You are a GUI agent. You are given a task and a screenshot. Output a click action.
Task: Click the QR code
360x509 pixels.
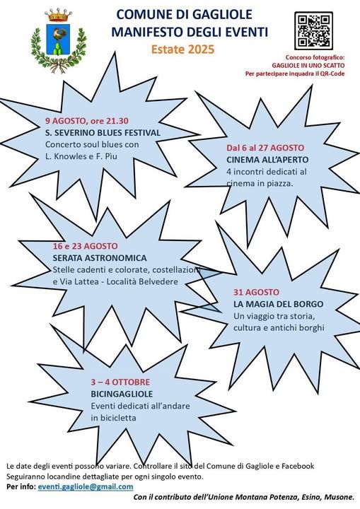point(313,30)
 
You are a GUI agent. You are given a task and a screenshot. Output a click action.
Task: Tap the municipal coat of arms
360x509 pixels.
point(59,40)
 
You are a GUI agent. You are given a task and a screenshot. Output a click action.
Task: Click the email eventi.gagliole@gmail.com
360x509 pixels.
point(86,486)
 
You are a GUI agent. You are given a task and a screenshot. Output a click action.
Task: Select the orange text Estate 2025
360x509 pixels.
point(183,49)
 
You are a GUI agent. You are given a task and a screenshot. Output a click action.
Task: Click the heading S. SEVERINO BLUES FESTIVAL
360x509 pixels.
point(103,133)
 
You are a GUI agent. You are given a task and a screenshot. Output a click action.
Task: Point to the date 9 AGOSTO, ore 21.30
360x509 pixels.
point(87,121)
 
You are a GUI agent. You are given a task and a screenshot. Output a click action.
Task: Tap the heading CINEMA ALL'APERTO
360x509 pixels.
point(267,160)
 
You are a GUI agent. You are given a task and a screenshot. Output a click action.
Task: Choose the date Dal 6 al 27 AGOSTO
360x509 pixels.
point(265,148)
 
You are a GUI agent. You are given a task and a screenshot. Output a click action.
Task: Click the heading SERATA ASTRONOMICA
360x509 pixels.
point(100,258)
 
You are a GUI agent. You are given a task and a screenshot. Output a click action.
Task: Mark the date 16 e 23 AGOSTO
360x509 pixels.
point(85,246)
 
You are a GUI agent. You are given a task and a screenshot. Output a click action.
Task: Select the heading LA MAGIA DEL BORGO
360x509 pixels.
point(279,304)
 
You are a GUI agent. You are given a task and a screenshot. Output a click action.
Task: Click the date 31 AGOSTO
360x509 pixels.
point(256,292)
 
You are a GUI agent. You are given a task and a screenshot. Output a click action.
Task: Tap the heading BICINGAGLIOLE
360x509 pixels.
point(122,394)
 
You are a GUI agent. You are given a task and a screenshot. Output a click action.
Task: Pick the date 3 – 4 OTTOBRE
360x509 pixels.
point(120,382)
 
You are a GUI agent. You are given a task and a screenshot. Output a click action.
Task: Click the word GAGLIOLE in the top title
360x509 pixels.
point(222,14)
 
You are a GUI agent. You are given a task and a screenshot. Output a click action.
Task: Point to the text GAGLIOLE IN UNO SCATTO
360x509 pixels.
point(308,66)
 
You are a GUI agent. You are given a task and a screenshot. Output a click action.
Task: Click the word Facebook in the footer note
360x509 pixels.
point(298,466)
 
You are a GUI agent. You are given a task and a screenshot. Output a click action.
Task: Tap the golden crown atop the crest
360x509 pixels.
point(59,15)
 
